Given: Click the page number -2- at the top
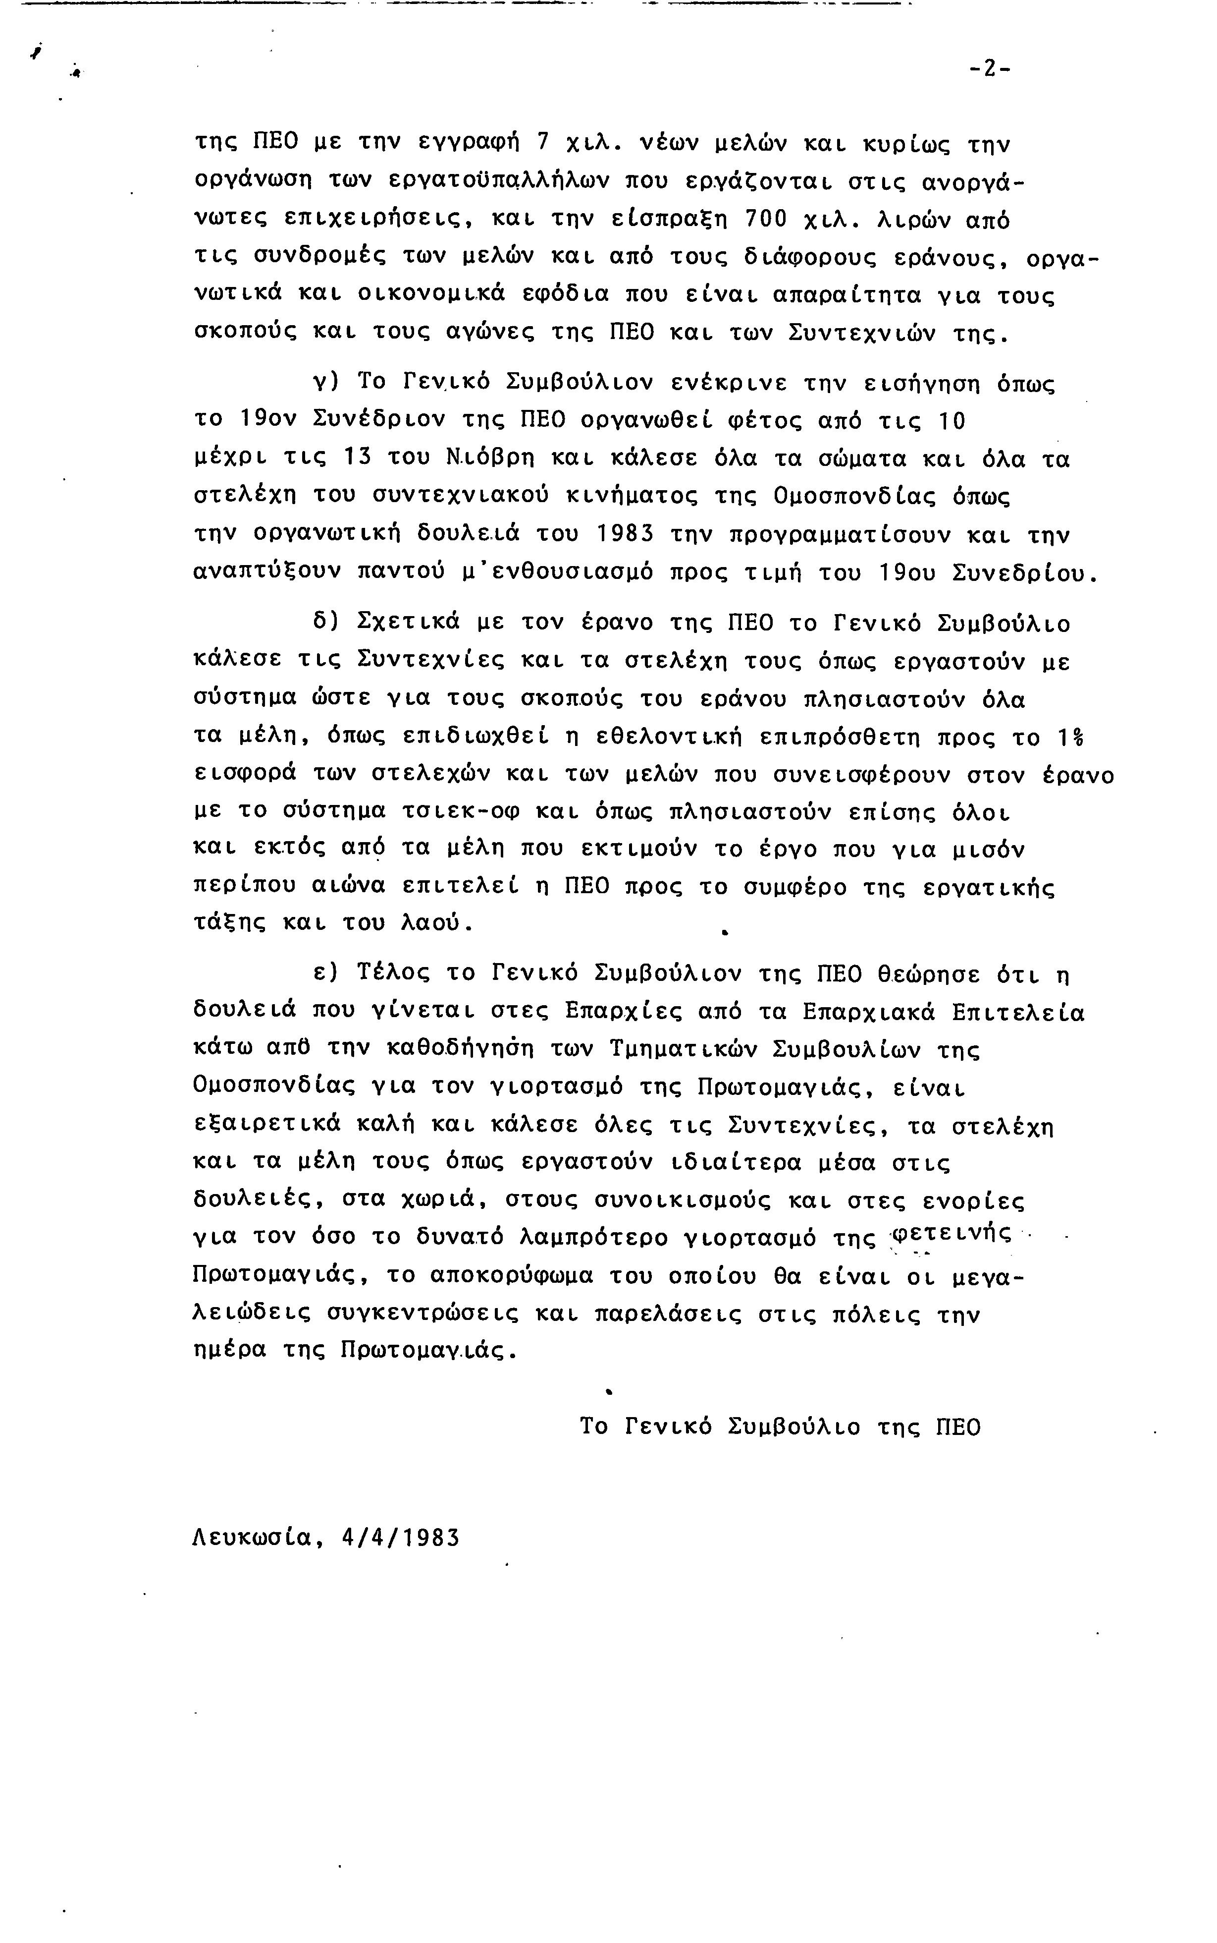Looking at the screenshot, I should pyautogui.click(x=990, y=69).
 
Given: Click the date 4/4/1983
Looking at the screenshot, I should pyautogui.click(x=400, y=1538).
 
